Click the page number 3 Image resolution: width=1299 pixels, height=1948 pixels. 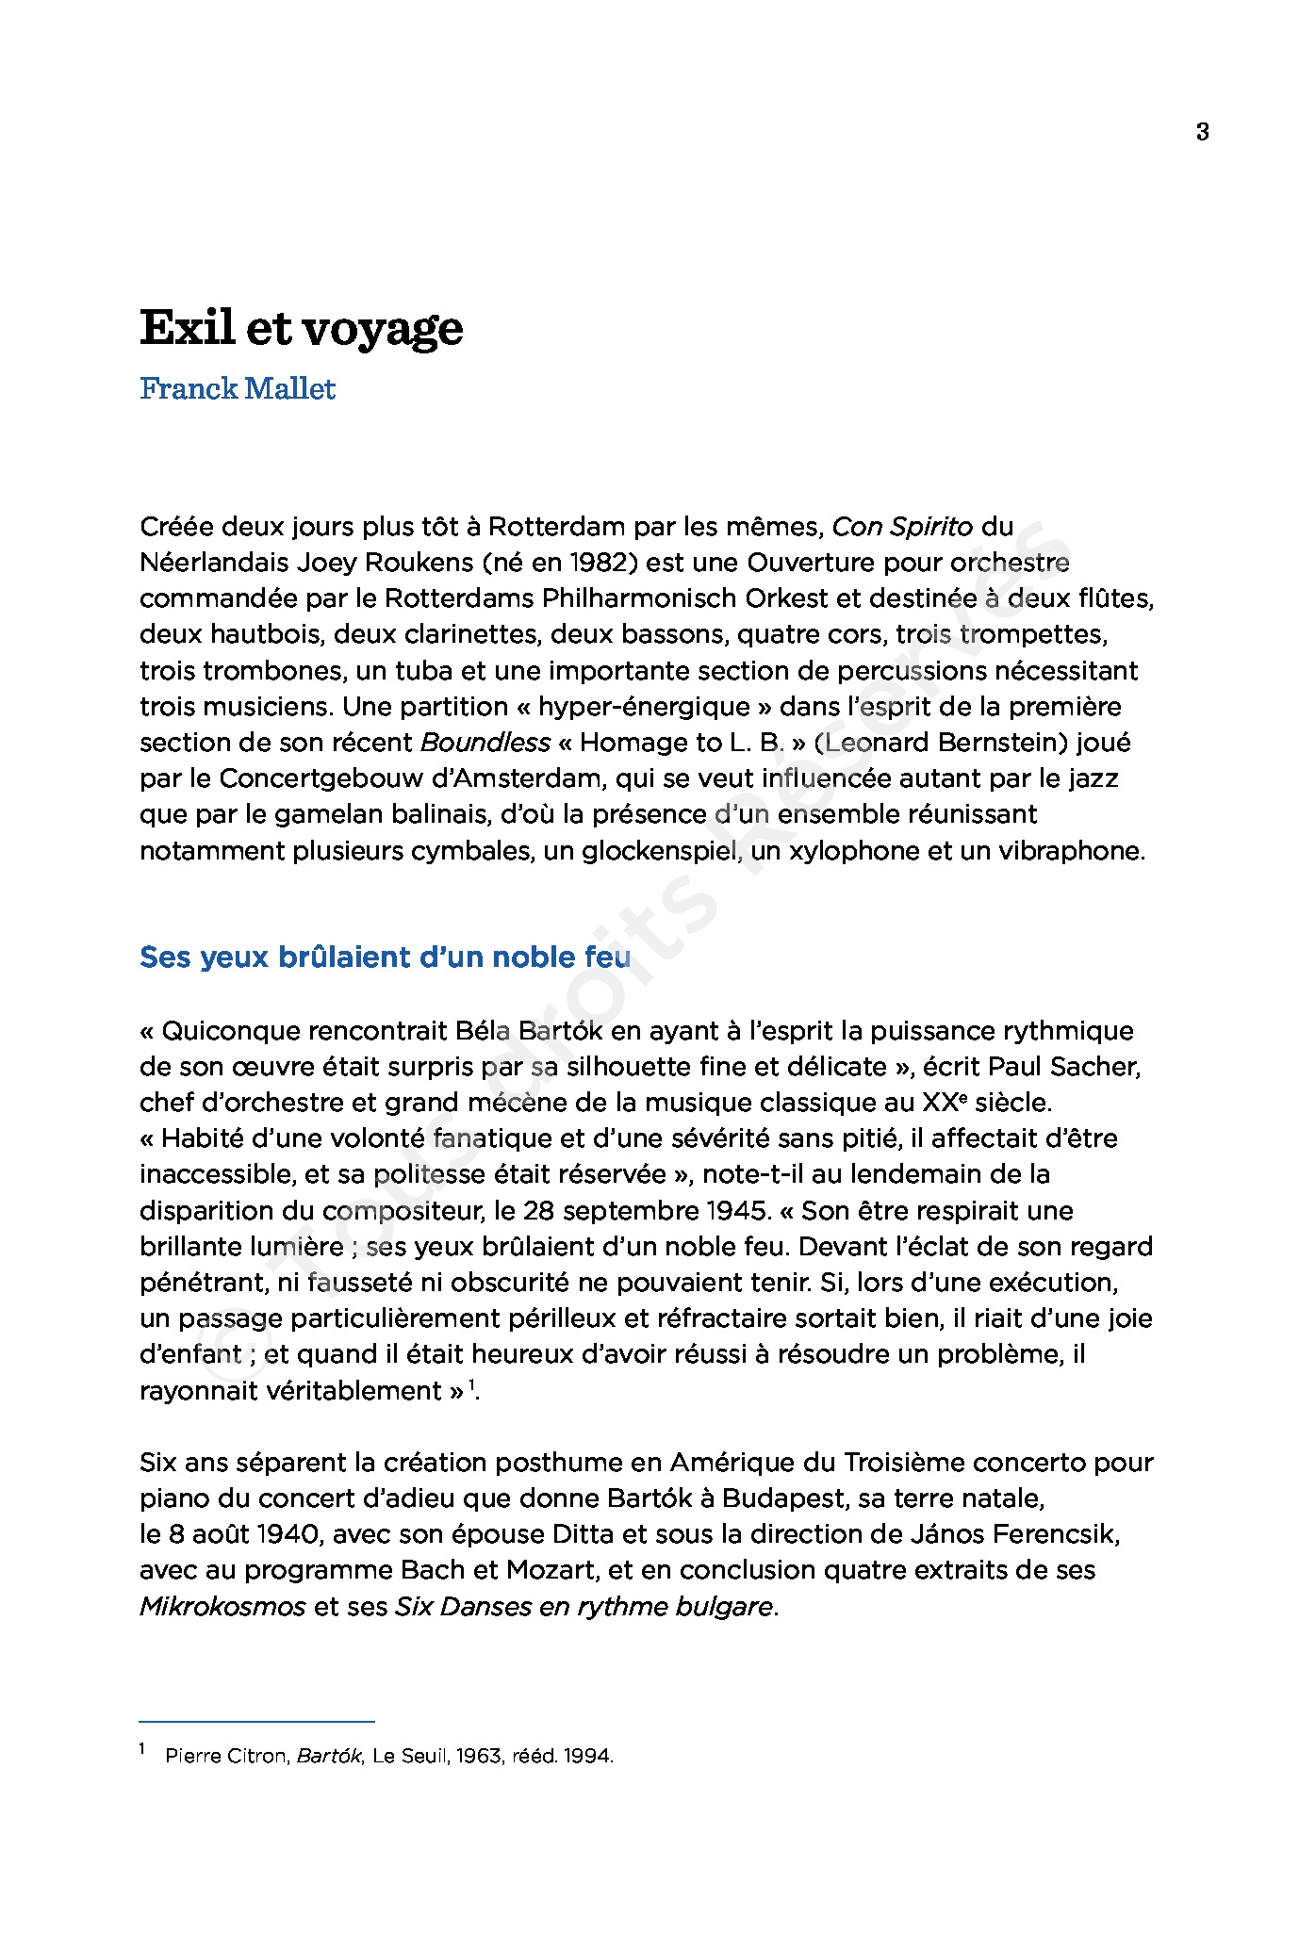1202,133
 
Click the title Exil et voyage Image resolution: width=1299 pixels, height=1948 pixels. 302,329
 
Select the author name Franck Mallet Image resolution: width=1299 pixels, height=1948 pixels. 238,388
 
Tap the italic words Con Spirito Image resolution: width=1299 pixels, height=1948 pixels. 902,526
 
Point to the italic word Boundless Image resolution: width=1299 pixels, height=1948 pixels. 485,743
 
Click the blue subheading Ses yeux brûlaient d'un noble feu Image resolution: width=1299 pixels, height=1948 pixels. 385,958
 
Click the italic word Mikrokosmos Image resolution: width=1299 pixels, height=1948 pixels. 222,1606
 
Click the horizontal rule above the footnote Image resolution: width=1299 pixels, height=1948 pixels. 256,1721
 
